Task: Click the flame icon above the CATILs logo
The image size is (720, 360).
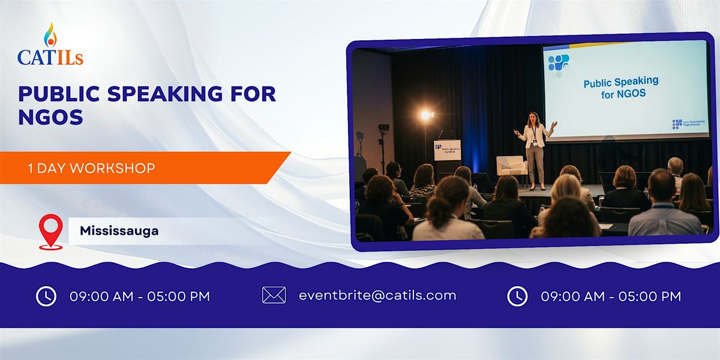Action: [50, 35]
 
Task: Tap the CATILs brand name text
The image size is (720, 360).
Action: [50, 57]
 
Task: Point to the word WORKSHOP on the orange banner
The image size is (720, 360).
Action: [112, 169]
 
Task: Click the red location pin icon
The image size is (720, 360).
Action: [51, 232]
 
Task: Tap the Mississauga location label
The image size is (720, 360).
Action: [119, 231]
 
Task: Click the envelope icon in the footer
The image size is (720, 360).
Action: [274, 295]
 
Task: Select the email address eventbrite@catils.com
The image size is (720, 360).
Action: [377, 295]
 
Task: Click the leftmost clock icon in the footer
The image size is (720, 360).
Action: [46, 296]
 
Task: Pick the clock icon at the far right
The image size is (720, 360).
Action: [517, 296]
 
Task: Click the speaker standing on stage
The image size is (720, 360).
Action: [535, 150]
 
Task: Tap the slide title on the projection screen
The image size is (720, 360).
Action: [620, 88]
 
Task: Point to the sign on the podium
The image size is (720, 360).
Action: [447, 151]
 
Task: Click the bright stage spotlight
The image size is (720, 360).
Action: [426, 115]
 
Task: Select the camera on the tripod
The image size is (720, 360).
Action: [383, 129]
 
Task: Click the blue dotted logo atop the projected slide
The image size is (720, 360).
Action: [559, 62]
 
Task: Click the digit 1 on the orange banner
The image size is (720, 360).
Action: [30, 169]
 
